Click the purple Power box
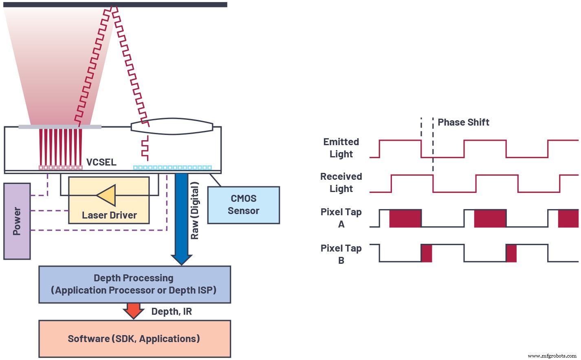pyautogui.click(x=17, y=221)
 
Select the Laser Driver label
pyautogui.click(x=109, y=215)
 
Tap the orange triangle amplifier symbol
pyautogui.click(x=107, y=195)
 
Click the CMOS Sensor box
pyautogui.click(x=243, y=205)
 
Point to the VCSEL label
pyautogui.click(x=101, y=162)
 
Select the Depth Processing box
pyautogui.click(x=134, y=284)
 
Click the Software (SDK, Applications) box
pyautogui.click(x=134, y=339)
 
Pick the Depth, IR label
pyautogui.click(x=172, y=312)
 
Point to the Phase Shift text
pyautogui.click(x=463, y=122)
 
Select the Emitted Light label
pyautogui.click(x=341, y=148)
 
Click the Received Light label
pyautogui.click(x=341, y=183)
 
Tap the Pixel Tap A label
pyautogui.click(x=341, y=218)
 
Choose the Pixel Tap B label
pyautogui.click(x=341, y=254)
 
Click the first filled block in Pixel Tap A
pyautogui.click(x=405, y=219)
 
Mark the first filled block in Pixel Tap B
pyautogui.click(x=427, y=254)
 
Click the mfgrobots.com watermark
pyautogui.click(x=552, y=356)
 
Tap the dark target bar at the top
pyautogui.click(x=115, y=4)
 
